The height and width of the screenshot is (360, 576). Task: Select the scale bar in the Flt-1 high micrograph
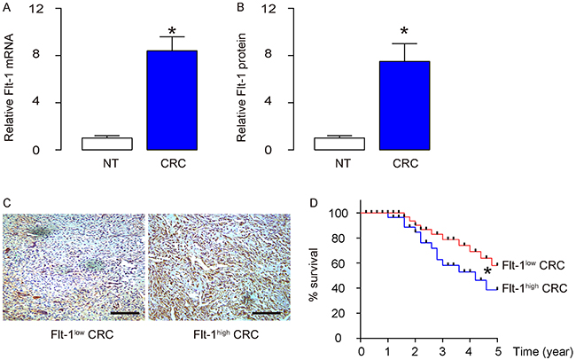point(267,312)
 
